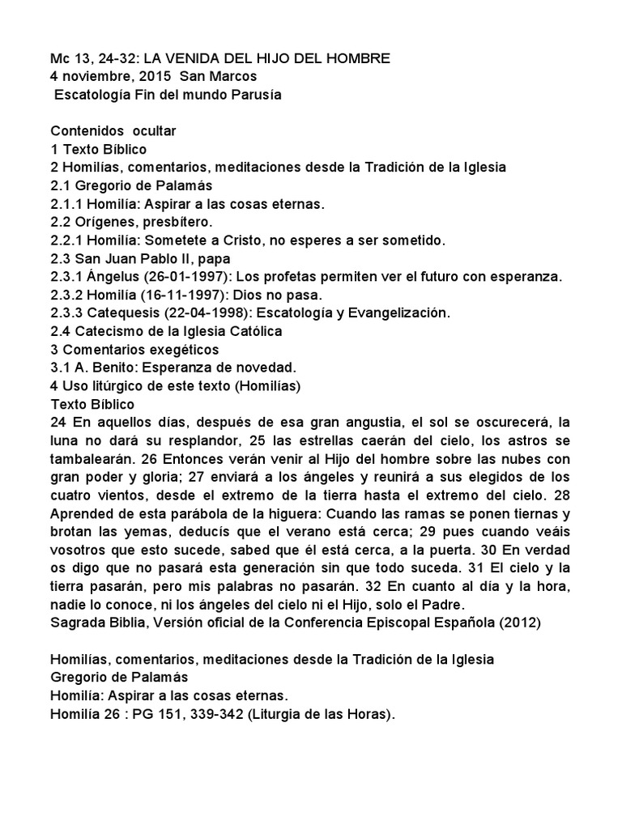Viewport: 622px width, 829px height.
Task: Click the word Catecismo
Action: click(105, 331)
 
